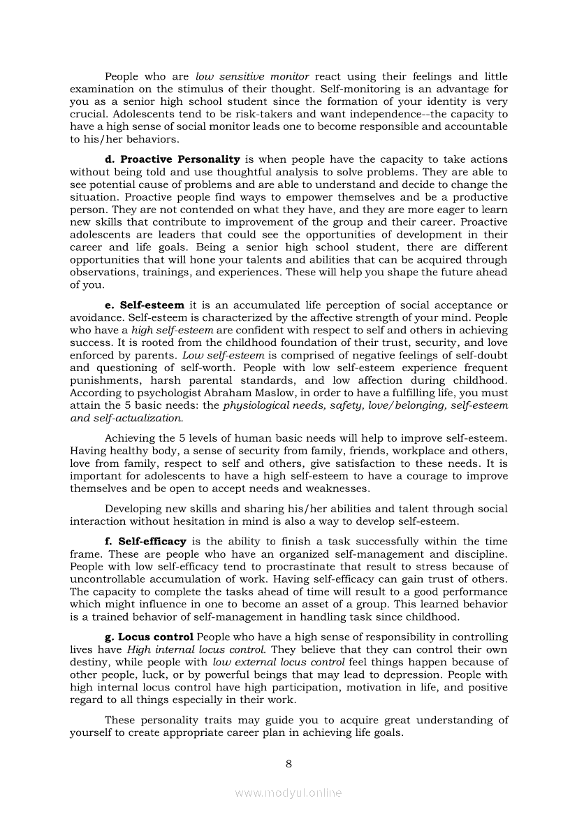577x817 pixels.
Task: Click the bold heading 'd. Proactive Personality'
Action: coord(172,159)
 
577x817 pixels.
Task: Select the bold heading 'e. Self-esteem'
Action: coord(145,305)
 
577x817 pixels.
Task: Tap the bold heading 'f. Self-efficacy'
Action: coord(145,542)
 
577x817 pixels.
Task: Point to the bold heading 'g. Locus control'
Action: coord(149,637)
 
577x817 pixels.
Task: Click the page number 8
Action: coord(288,763)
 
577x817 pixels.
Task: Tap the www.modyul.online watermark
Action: coord(288,793)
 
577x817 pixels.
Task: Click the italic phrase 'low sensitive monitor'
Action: coord(252,76)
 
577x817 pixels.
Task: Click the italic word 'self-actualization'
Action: coord(138,418)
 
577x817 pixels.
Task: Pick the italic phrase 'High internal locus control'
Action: coord(190,650)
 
